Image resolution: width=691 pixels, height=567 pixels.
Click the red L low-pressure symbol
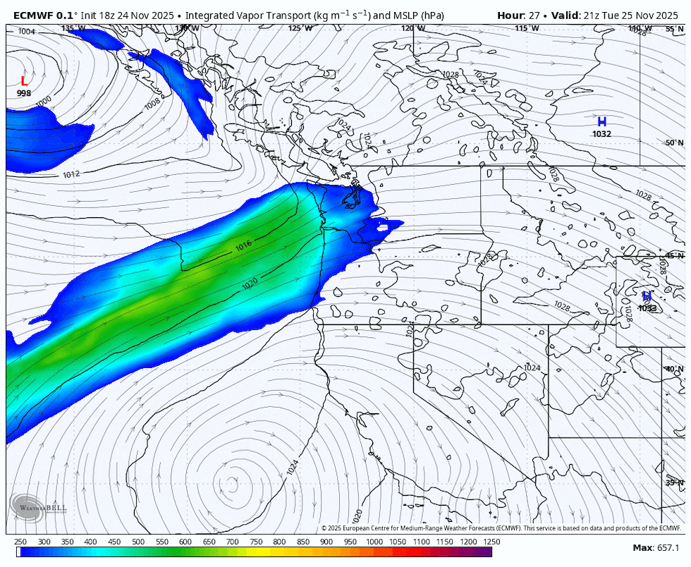coord(24,81)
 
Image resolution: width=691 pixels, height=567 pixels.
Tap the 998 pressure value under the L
coord(24,93)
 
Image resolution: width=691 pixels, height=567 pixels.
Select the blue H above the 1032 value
coord(601,122)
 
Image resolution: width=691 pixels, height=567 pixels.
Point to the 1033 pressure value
coord(647,308)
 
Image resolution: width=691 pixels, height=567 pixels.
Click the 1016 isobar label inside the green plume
coord(243,246)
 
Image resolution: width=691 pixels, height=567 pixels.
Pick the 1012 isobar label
coord(71,174)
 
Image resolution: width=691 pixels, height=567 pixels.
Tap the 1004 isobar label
coord(27,32)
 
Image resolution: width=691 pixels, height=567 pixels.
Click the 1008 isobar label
coord(152,103)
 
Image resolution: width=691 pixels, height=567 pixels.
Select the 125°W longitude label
coord(300,28)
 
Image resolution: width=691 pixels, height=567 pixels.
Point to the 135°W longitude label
coord(73,28)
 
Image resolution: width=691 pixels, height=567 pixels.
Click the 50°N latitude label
coord(674,142)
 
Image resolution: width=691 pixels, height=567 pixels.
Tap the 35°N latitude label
coord(674,482)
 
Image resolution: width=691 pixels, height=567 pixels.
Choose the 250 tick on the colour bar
coord(20,542)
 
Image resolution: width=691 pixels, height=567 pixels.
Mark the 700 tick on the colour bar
coord(232,542)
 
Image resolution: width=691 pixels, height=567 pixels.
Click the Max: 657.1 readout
coord(656,548)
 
